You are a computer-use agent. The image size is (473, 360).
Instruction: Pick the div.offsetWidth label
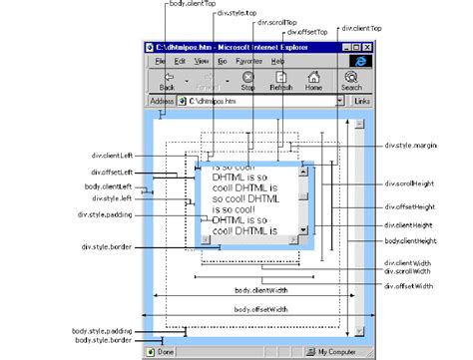[408, 287]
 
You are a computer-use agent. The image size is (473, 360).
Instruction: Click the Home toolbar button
[313, 81]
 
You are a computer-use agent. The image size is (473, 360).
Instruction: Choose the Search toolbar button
[352, 81]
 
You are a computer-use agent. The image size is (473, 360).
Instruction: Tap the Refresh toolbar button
[280, 81]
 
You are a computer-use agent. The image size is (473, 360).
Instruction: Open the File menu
[160, 61]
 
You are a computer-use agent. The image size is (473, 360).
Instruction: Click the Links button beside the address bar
[361, 102]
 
